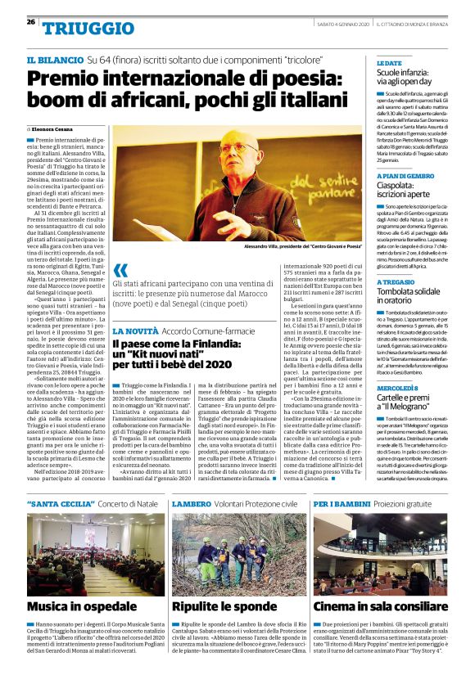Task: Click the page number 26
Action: (x=30, y=22)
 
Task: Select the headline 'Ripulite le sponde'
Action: (x=223, y=606)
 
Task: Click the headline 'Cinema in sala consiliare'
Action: (x=379, y=606)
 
